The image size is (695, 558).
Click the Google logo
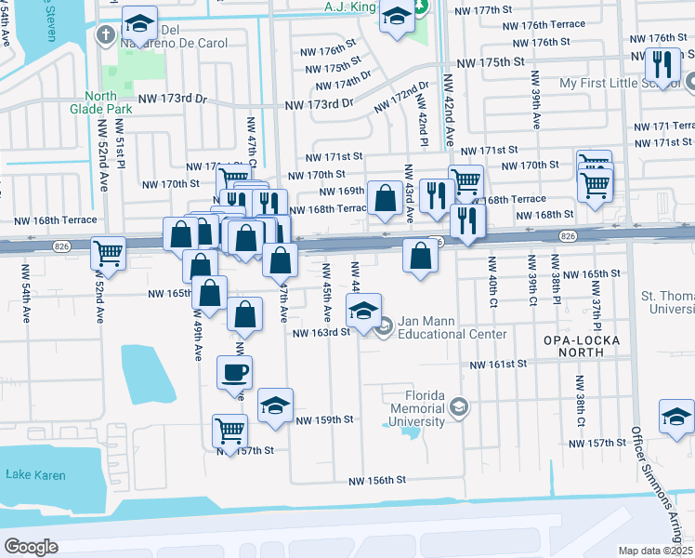click(31, 547)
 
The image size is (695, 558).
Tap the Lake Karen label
click(35, 475)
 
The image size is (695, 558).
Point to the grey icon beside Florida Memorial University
click(459, 406)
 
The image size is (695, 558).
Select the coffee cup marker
click(234, 372)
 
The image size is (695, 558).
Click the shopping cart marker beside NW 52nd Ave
click(109, 251)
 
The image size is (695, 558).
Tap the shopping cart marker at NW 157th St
click(229, 430)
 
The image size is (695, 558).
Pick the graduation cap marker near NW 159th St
click(275, 405)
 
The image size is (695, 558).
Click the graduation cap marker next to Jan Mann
click(364, 308)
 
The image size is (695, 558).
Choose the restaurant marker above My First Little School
click(662, 63)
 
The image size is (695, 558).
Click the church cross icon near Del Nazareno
click(106, 34)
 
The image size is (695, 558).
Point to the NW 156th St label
click(378, 481)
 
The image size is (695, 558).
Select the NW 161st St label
click(498, 365)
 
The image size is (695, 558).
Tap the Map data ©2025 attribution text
click(656, 551)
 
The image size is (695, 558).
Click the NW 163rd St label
click(321, 332)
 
